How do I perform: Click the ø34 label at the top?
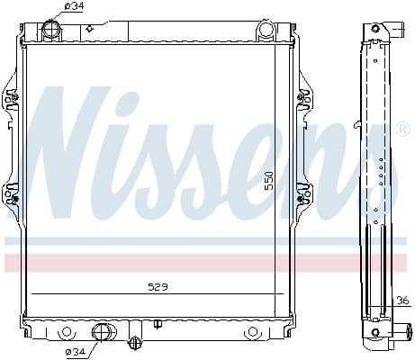coord(75,7)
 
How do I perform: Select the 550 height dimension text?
coord(267,180)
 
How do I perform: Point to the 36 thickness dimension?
coord(401,301)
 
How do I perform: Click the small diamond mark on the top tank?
coord(90,29)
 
